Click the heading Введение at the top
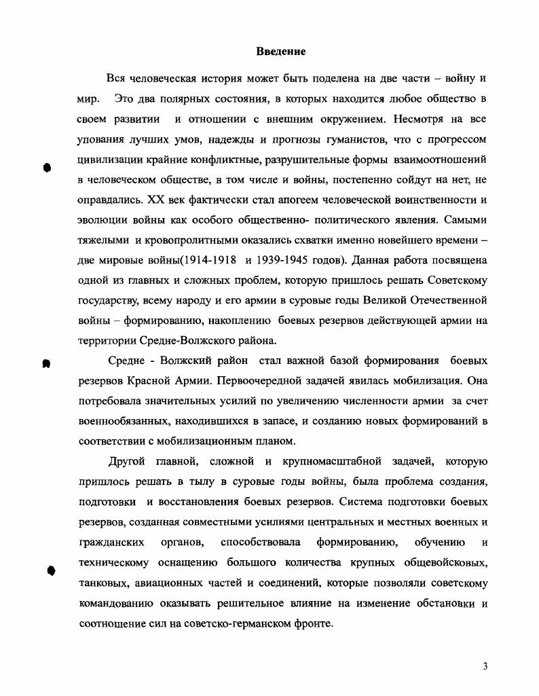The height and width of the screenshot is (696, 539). (x=281, y=52)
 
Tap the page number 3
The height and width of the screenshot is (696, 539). (x=485, y=666)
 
